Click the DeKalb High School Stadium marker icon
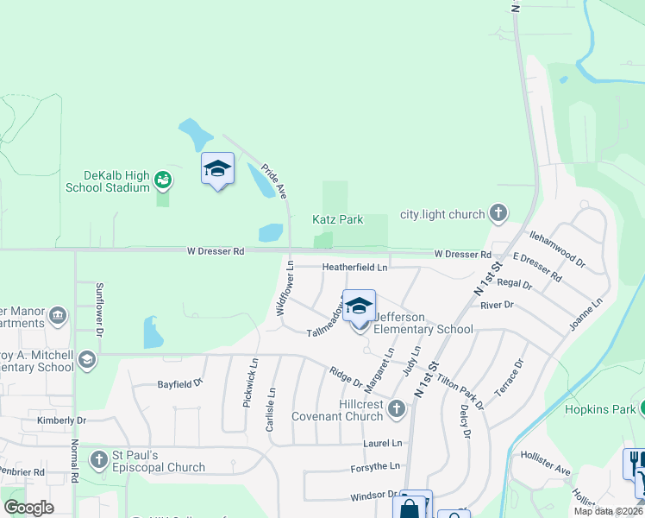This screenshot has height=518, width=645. pyautogui.click(x=162, y=180)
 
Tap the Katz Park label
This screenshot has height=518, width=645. pyautogui.click(x=337, y=220)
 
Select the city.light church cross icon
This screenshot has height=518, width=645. pyautogui.click(x=498, y=213)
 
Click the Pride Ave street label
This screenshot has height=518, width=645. pyautogui.click(x=274, y=182)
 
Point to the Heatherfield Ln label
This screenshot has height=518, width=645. pyautogui.click(x=354, y=268)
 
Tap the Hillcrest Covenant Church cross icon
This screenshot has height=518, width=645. pyautogui.click(x=397, y=407)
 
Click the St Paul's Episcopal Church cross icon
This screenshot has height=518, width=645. pyautogui.click(x=100, y=458)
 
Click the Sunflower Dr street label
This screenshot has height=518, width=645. pyautogui.click(x=100, y=309)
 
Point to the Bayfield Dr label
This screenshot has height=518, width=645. pyautogui.click(x=179, y=382)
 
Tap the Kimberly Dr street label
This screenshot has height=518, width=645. pyautogui.click(x=61, y=420)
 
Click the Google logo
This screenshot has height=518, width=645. pyautogui.click(x=28, y=508)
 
